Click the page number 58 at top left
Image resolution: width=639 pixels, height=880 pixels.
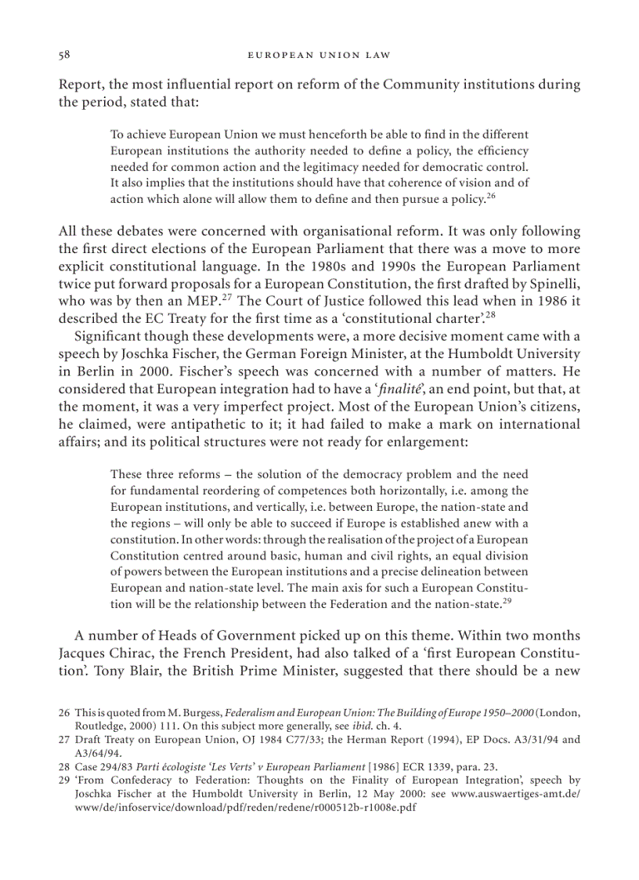65,55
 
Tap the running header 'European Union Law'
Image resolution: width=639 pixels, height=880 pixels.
319,55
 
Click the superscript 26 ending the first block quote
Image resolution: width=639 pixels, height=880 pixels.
491,196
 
